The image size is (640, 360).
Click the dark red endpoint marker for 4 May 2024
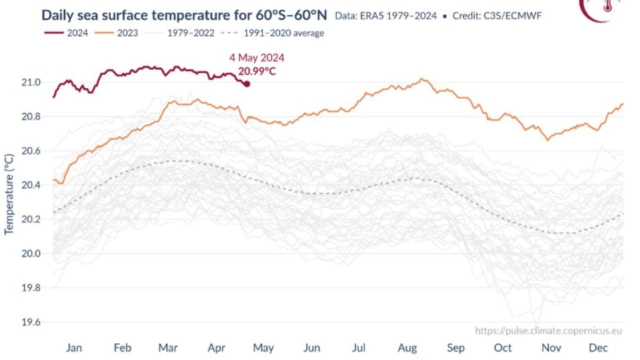click(x=246, y=84)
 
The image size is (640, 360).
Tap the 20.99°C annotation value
click(x=256, y=71)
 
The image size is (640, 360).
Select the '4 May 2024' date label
click(x=256, y=58)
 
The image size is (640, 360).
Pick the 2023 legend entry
click(x=119, y=33)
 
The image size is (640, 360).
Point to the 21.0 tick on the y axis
click(x=31, y=82)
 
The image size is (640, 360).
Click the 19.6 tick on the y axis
click(x=31, y=322)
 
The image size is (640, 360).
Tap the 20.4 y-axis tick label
click(x=31, y=185)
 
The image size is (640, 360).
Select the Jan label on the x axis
click(x=74, y=347)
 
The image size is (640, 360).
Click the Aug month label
click(x=407, y=347)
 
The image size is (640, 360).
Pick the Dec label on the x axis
click(x=598, y=347)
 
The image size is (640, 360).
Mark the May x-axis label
click(x=263, y=347)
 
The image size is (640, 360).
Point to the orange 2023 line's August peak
click(x=422, y=79)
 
